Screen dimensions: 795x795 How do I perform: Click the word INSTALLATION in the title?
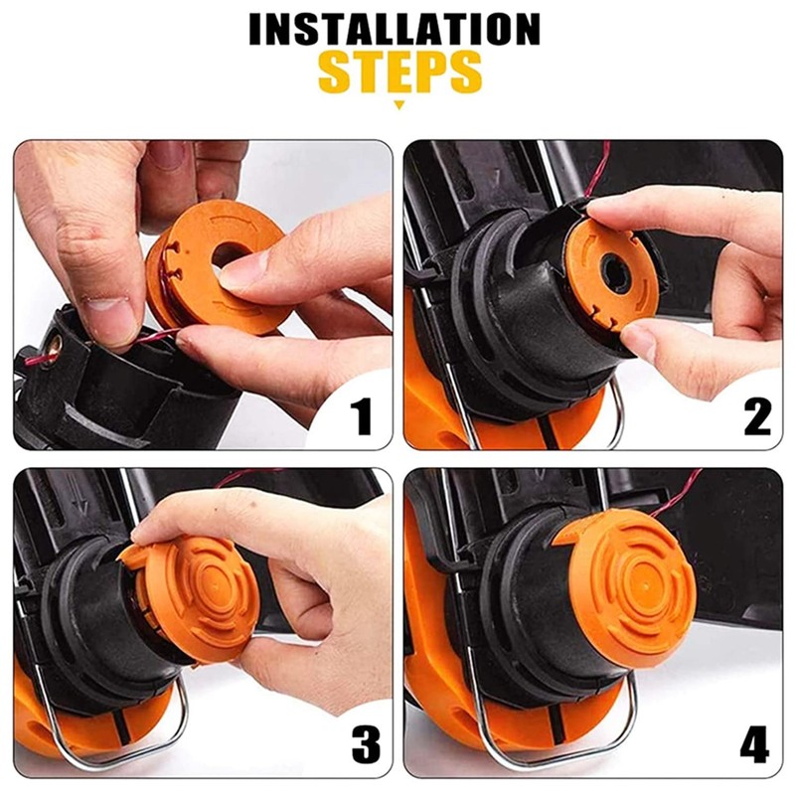click(395, 30)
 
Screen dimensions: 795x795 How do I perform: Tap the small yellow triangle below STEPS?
click(399, 105)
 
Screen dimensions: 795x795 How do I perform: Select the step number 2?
click(757, 416)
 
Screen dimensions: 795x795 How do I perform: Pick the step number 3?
click(366, 743)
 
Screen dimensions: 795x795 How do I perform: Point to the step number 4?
click(754, 743)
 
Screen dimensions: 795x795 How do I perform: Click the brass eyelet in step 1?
click(55, 345)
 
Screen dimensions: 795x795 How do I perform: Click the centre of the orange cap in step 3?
click(217, 584)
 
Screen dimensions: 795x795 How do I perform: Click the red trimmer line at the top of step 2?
click(598, 170)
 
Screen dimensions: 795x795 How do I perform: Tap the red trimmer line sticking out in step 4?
click(676, 494)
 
